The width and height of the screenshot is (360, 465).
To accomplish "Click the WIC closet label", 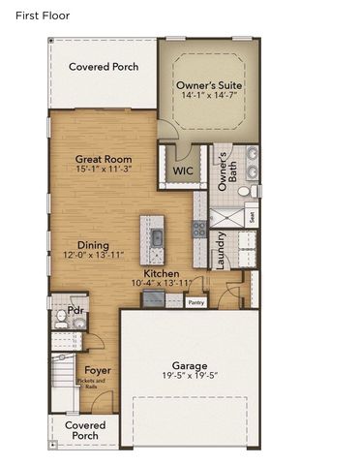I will coord(182,171).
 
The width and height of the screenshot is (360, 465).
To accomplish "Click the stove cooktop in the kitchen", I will coord(197,230).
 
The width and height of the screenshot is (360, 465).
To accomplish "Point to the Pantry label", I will coord(196,302).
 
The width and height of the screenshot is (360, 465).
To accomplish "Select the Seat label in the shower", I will coord(252,217).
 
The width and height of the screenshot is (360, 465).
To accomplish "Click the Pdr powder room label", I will coord(75,311).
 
